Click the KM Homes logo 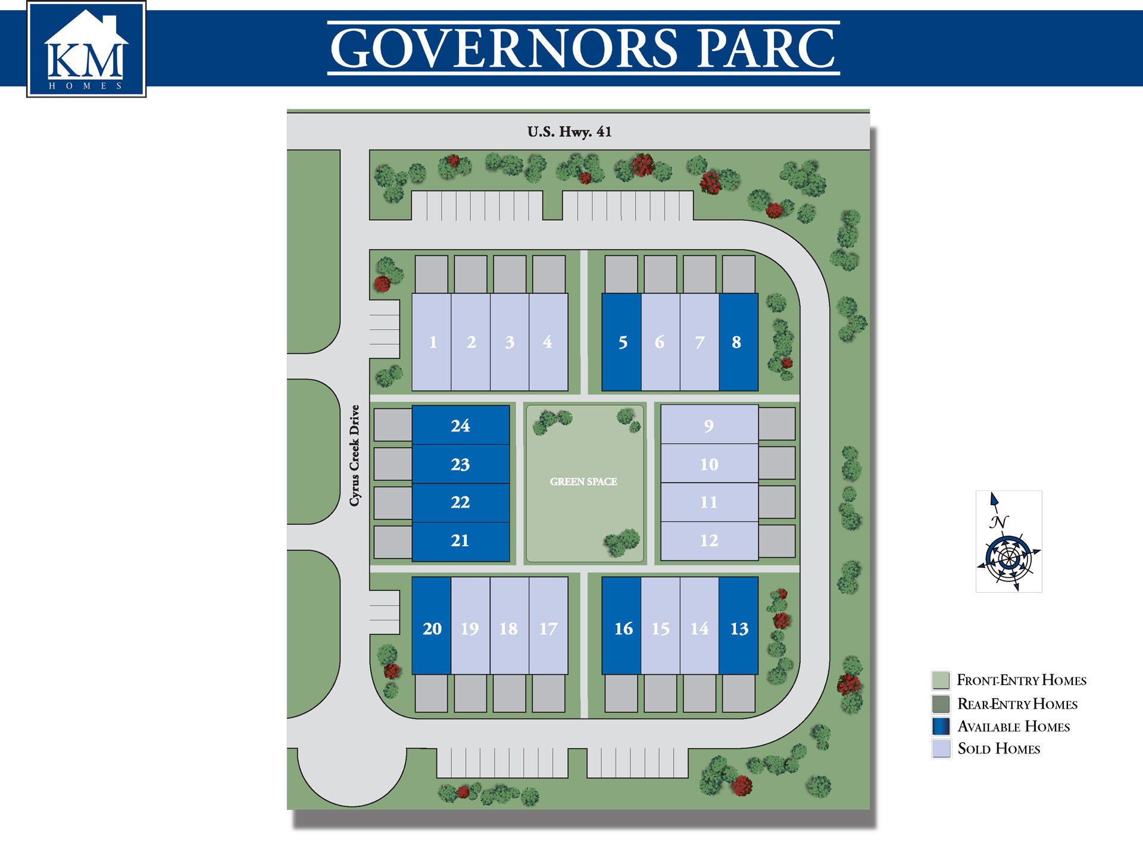pyautogui.click(x=86, y=49)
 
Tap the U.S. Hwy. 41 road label pyautogui.click(x=569, y=132)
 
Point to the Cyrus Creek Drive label pyautogui.click(x=355, y=455)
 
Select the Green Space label pyautogui.click(x=583, y=481)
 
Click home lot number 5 pyautogui.click(x=622, y=342)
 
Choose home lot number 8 pyautogui.click(x=738, y=342)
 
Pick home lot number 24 pyautogui.click(x=460, y=426)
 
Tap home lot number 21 pyautogui.click(x=460, y=540)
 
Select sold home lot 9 pyautogui.click(x=708, y=426)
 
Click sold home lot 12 pyautogui.click(x=708, y=540)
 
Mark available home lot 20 pyautogui.click(x=432, y=628)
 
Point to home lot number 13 pyautogui.click(x=739, y=628)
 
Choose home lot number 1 pyautogui.click(x=433, y=342)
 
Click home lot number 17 pyautogui.click(x=548, y=628)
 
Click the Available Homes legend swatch pyautogui.click(x=941, y=726)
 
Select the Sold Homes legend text pyautogui.click(x=998, y=749)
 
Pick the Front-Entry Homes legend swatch pyautogui.click(x=941, y=680)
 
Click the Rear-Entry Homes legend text pyautogui.click(x=1017, y=704)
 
